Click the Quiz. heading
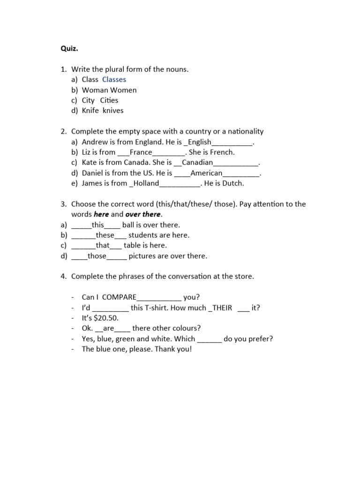[x=69, y=48]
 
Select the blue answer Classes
[x=114, y=80]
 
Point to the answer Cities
[x=109, y=100]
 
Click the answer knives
[x=113, y=111]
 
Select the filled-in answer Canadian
[x=197, y=163]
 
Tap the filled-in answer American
[x=206, y=173]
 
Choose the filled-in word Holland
[x=146, y=183]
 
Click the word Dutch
[x=233, y=183]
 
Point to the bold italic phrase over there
[x=143, y=214]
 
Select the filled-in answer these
[x=105, y=235]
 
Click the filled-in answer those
[x=97, y=256]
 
